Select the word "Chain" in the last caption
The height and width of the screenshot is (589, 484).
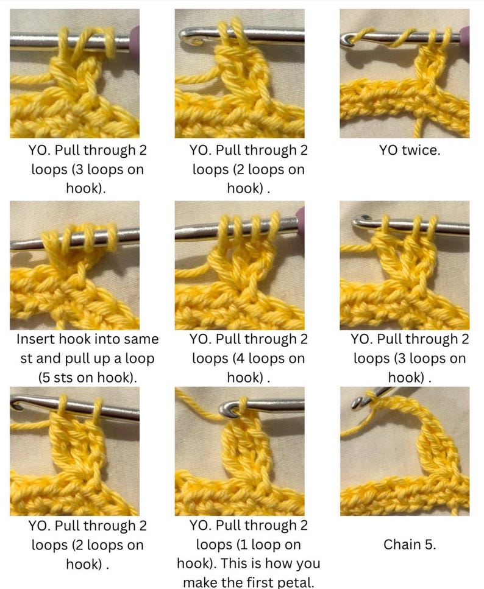click(400, 545)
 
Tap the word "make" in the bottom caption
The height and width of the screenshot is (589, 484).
click(200, 582)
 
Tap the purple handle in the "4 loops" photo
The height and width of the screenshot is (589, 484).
click(300, 218)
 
